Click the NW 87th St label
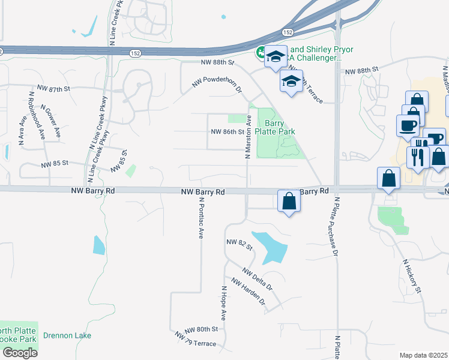pos(54,88)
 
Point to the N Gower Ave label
pos(52,121)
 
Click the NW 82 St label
pos(237,242)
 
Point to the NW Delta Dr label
pos(258,279)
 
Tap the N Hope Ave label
pos(223,302)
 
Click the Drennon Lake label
pos(67,335)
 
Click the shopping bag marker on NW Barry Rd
pos(289,201)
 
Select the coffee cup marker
pos(408,125)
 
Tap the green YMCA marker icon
pos(262,53)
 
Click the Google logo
pos(20,352)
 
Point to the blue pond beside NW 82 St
pos(268,246)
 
